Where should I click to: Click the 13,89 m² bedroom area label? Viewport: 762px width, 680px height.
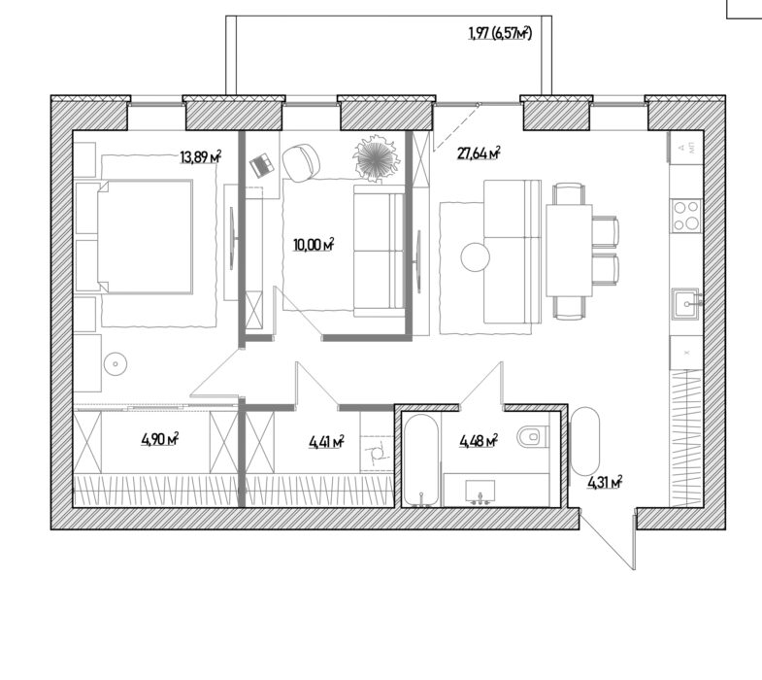click(x=201, y=157)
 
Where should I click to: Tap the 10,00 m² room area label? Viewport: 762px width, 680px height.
click(x=314, y=245)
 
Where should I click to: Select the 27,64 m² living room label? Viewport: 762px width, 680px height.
click(x=479, y=153)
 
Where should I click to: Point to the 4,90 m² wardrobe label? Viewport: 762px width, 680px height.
click(x=160, y=439)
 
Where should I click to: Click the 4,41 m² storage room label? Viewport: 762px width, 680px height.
click(x=326, y=442)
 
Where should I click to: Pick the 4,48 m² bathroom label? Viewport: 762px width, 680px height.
click(x=479, y=441)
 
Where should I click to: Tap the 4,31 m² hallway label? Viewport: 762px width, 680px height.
click(x=605, y=483)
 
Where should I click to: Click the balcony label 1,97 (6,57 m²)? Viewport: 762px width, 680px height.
click(x=500, y=33)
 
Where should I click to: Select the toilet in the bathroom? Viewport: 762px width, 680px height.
click(x=533, y=436)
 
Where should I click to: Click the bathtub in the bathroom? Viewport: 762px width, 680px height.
click(x=422, y=459)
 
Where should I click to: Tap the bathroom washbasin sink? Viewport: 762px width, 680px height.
click(x=480, y=491)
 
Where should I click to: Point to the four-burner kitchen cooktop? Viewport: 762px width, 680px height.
click(x=686, y=215)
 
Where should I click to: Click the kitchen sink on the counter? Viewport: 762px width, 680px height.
click(x=685, y=303)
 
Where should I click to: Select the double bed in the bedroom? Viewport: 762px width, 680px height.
click(x=145, y=237)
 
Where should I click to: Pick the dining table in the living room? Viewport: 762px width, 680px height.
click(x=569, y=251)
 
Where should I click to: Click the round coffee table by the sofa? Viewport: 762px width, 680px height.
click(x=476, y=256)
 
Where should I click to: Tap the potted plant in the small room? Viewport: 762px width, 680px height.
click(x=377, y=157)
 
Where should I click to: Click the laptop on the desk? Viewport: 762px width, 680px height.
click(x=261, y=164)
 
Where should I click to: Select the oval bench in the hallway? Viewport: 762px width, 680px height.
click(x=585, y=441)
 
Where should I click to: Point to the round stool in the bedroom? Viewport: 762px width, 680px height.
click(x=116, y=363)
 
